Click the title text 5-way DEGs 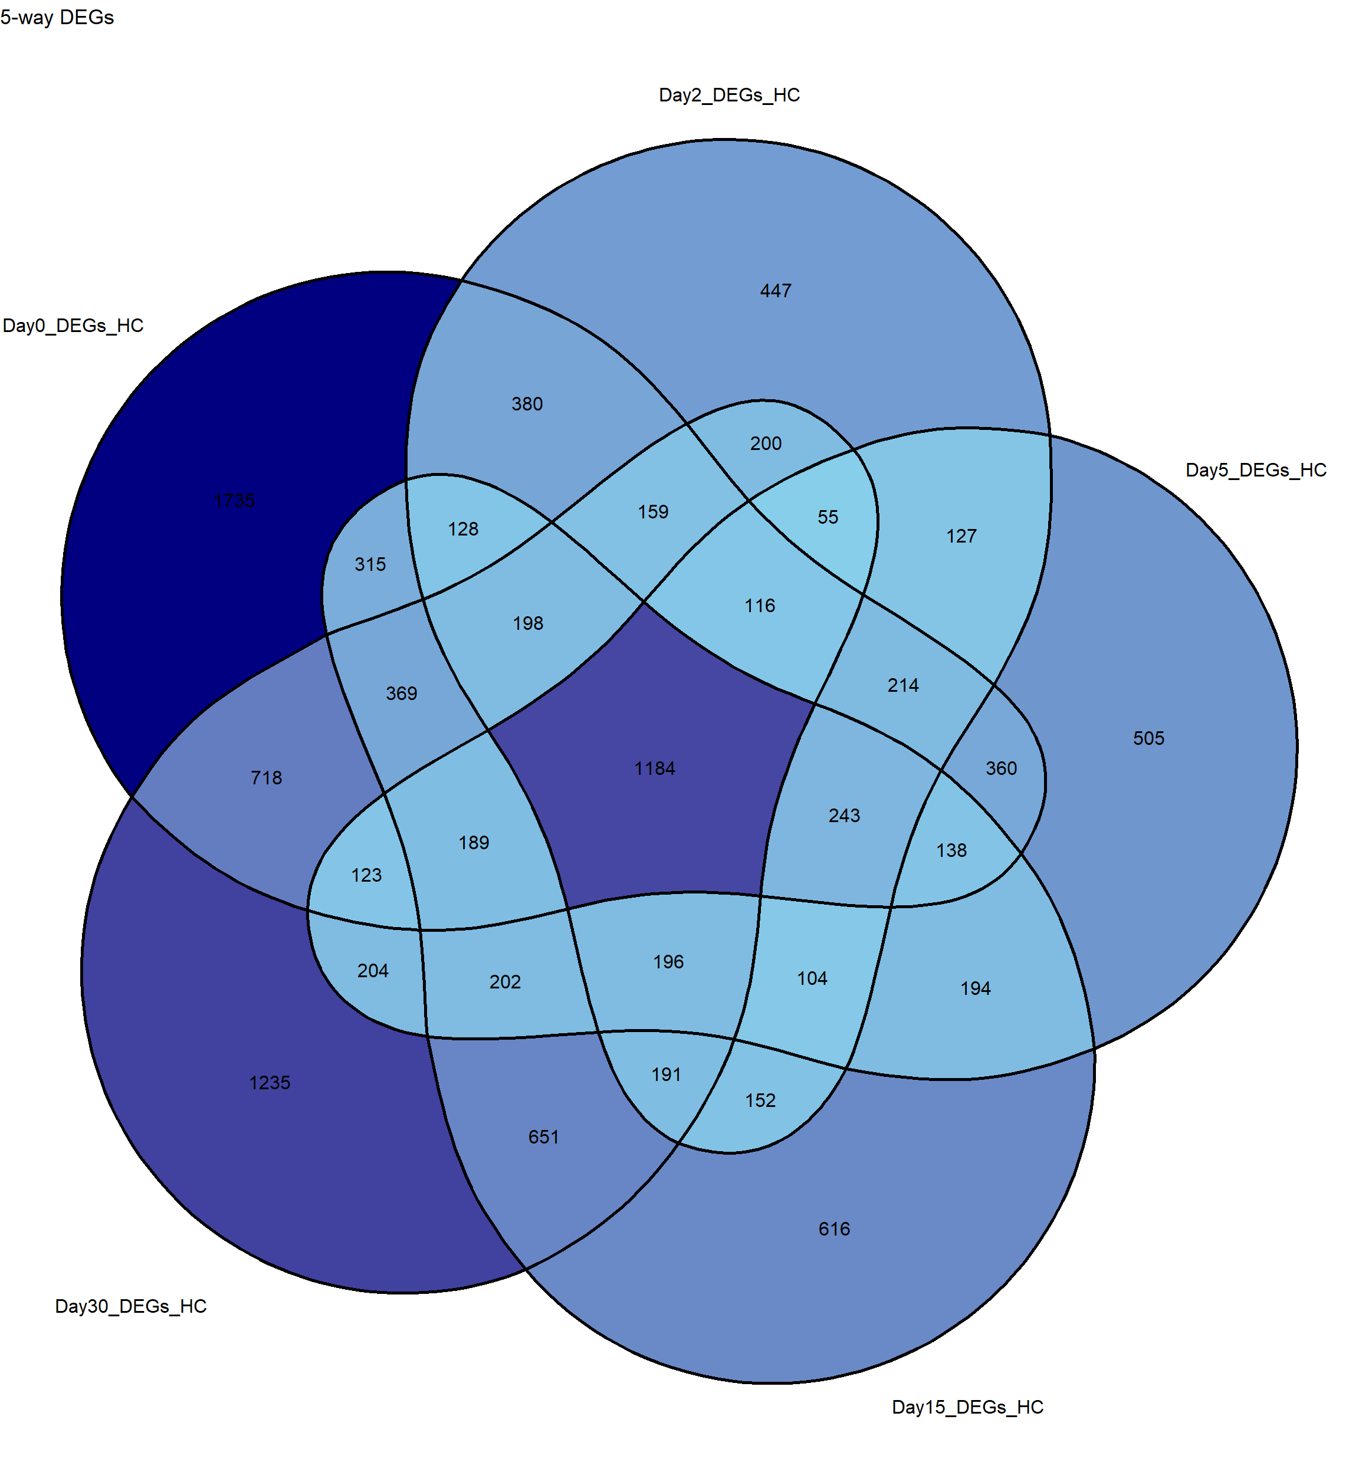pos(57,18)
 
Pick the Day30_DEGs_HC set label pos(131,1306)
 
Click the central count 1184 pos(655,768)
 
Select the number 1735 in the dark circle pos(235,501)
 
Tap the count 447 pos(776,291)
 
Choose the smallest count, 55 pos(828,517)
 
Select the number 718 pos(266,778)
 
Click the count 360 pos(1001,768)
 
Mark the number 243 pos(844,816)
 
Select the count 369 pos(402,694)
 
